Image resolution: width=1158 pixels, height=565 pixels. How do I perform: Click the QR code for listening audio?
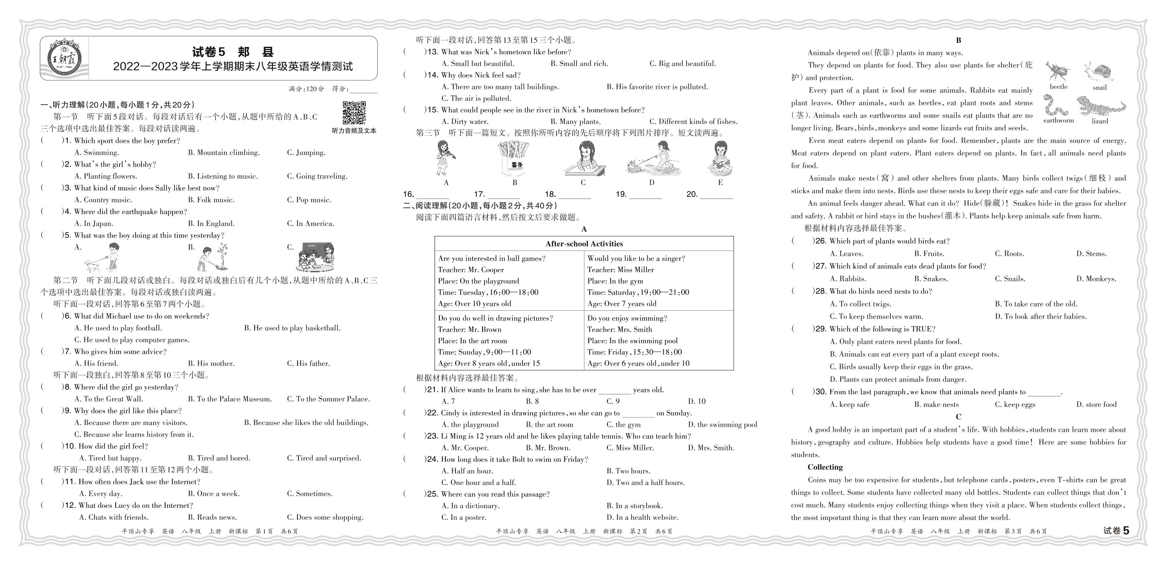(x=354, y=113)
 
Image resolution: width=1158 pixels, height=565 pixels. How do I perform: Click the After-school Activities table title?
(x=584, y=244)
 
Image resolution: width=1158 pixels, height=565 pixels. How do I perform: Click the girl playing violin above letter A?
(x=445, y=158)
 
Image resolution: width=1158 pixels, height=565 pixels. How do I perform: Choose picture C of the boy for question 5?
(x=315, y=257)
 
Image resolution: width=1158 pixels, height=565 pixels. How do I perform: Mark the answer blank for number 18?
(x=574, y=195)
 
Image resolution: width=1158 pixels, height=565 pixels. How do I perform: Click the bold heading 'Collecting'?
(x=825, y=467)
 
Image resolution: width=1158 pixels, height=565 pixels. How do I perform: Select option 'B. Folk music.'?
(x=211, y=200)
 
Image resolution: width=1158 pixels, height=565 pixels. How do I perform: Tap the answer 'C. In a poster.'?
(x=464, y=517)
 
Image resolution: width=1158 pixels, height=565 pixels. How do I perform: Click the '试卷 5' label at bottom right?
(x=1116, y=530)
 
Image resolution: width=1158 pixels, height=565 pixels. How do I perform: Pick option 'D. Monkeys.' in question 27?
(x=1096, y=279)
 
